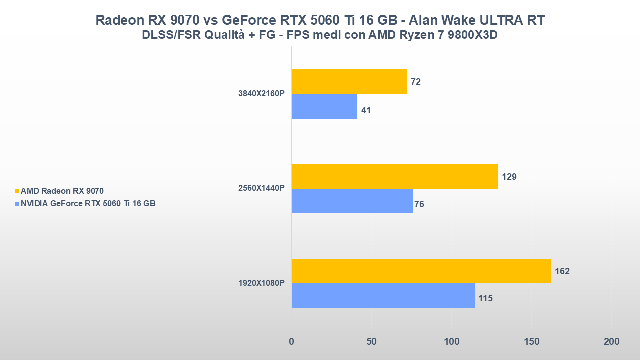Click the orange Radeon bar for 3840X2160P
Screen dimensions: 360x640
pyautogui.click(x=349, y=81)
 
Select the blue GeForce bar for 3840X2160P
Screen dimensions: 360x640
pyautogui.click(x=324, y=106)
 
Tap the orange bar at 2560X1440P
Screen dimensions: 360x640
pyautogui.click(x=394, y=176)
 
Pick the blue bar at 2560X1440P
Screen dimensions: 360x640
pyautogui.click(x=352, y=201)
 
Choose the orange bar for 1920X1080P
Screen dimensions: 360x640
pyautogui.click(x=421, y=271)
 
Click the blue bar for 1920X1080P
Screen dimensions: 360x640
pyautogui.click(x=383, y=296)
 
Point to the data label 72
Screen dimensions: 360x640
pyautogui.click(x=416, y=82)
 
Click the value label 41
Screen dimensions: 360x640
pyautogui.click(x=366, y=110)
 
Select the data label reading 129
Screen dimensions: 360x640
pyautogui.click(x=509, y=177)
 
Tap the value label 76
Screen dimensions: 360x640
pyautogui.click(x=419, y=204)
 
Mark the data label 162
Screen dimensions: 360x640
pyautogui.click(x=562, y=271)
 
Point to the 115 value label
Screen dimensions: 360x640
pyautogui.click(x=485, y=298)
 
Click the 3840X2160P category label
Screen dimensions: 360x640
pyautogui.click(x=262, y=94)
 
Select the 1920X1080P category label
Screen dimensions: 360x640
pyautogui.click(x=262, y=283)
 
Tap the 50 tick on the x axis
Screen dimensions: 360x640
pyautogui.click(x=371, y=342)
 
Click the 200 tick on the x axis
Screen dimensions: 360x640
pyautogui.click(x=611, y=342)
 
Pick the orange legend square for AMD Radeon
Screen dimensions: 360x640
pyautogui.click(x=17, y=191)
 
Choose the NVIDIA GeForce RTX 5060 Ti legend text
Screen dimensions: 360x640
pyautogui.click(x=88, y=203)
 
